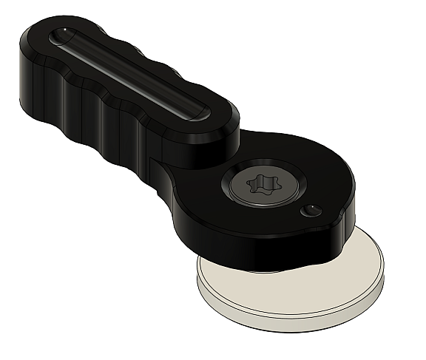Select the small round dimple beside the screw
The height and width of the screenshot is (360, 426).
coord(311,210)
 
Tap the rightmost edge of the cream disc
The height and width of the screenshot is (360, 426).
coord(385,273)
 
